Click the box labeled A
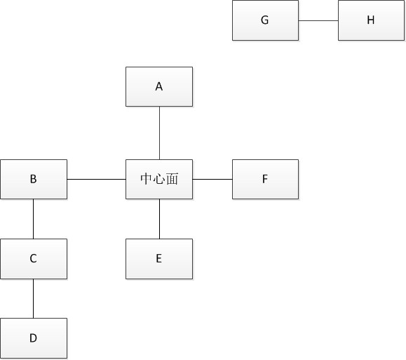[159, 86]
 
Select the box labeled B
[34, 180]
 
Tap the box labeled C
[34, 259]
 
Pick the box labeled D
[34, 338]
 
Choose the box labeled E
[159, 259]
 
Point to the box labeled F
[265, 180]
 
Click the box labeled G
[265, 20]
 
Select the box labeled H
[371, 20]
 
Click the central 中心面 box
[159, 180]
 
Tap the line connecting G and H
[318, 20]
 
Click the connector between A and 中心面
[159, 133]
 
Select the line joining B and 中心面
[96, 179]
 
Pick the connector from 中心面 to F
[212, 179]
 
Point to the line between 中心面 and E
[159, 219]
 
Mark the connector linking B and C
[33, 219]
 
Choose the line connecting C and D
[33, 298]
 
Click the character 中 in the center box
[147, 179]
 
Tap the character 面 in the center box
[172, 179]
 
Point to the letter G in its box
[264, 20]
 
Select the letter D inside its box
[33, 338]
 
